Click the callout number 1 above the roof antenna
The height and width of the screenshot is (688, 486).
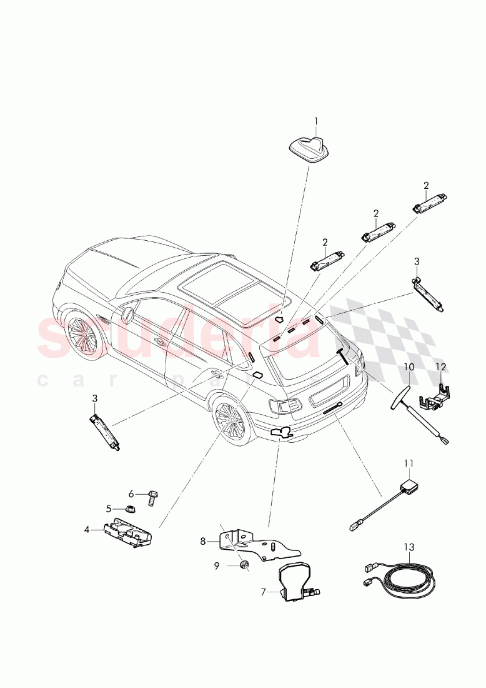pos(316,121)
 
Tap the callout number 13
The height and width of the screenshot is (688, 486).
pos(408,547)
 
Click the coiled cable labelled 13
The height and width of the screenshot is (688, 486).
pos(406,579)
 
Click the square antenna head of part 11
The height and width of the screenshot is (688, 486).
pos(411,485)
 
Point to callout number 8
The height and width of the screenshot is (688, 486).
pos(202,541)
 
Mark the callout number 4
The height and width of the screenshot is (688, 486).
pos(87,529)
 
